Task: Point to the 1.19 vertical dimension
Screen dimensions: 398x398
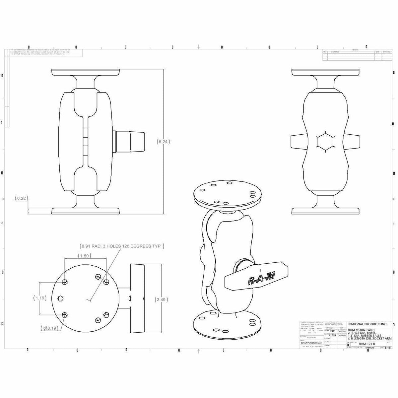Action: click(40, 298)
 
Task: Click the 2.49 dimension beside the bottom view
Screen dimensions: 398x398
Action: click(161, 299)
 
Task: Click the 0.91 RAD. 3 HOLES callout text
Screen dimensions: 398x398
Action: click(121, 246)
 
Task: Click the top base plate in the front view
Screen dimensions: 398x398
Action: click(86, 72)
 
